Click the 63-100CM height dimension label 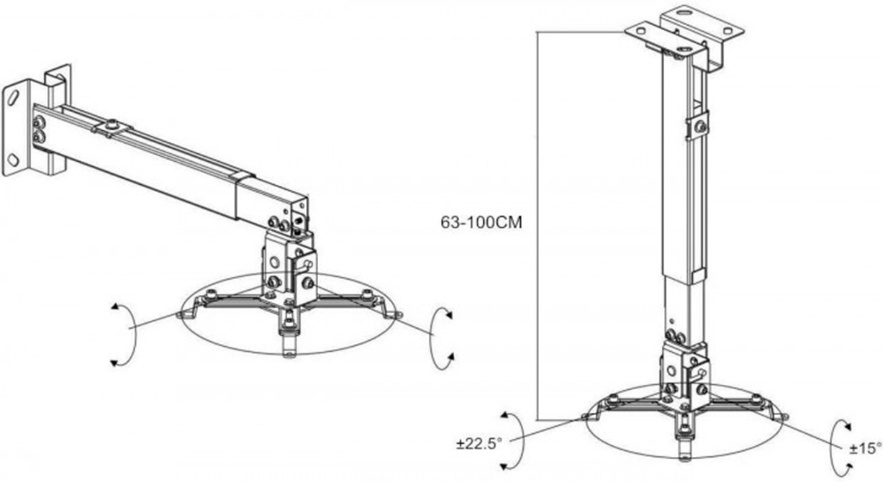click(481, 223)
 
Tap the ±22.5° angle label click(479, 444)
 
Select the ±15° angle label click(864, 448)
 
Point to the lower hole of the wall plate click(14, 159)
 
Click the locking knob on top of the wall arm click(114, 125)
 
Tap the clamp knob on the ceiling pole click(700, 127)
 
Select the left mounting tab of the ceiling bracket click(640, 32)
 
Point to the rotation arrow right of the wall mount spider click(432, 338)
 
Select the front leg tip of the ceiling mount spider click(686, 450)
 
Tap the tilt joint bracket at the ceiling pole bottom click(685, 374)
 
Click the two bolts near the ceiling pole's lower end click(675, 337)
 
